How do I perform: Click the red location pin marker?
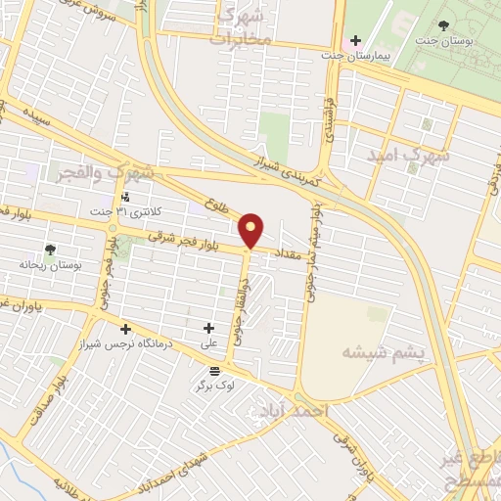click(251, 231)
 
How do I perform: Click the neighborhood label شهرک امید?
click(408, 156)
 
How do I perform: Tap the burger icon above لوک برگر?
click(214, 369)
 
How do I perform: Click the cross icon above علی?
click(208, 329)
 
